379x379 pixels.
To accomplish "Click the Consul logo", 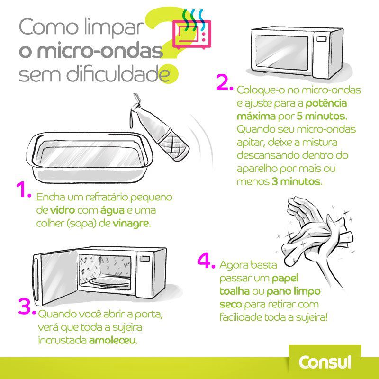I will point(325,362).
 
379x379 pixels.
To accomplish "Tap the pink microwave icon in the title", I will point(191,35).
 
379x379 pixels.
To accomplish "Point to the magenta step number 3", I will point(27,307).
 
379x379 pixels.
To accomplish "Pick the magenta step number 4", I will point(207,262).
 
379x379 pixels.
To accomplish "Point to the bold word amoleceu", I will point(112,340).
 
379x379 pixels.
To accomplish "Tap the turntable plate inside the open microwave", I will point(109,280).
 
